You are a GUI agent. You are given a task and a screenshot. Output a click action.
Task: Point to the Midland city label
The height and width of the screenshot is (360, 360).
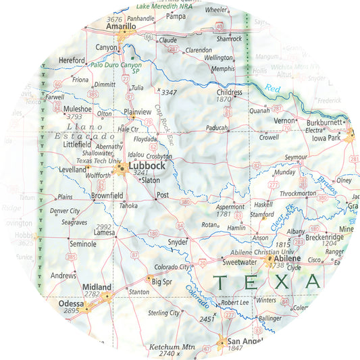pos(96,287)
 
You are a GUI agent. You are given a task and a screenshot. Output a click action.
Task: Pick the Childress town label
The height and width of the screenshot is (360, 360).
pos(230,92)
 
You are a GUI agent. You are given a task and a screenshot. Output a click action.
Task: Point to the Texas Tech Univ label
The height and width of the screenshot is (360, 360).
pos(97,161)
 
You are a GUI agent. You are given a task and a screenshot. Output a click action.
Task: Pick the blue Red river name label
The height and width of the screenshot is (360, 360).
pos(272,88)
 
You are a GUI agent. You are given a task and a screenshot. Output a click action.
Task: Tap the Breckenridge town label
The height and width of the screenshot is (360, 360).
pos(324,237)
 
